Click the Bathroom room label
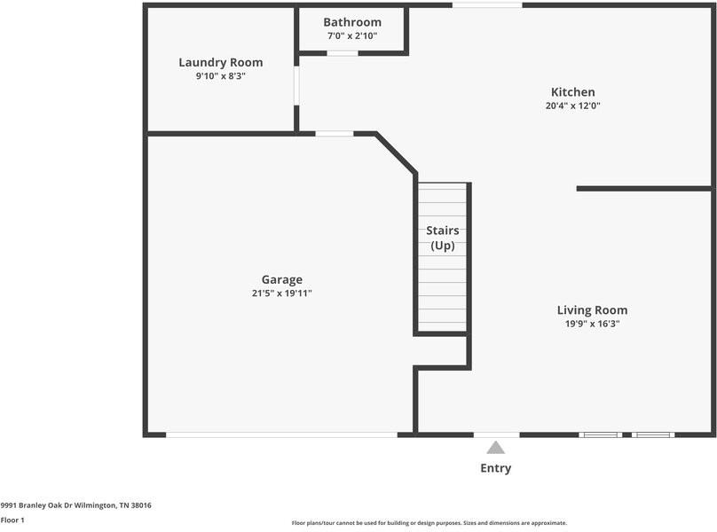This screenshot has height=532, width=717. (x=352, y=22)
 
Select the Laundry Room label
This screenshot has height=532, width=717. (x=221, y=62)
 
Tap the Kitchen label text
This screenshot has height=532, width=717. (x=572, y=92)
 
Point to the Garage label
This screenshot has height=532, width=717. (x=281, y=279)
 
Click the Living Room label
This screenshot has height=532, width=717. (x=592, y=310)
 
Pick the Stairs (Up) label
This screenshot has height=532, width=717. (x=443, y=239)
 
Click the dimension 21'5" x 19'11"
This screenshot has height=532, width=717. (x=281, y=293)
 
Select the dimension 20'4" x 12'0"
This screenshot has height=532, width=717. (x=572, y=106)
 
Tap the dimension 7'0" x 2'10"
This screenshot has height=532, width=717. (x=352, y=36)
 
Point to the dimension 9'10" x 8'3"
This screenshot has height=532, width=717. (x=221, y=76)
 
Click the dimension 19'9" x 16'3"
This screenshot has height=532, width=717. (x=592, y=325)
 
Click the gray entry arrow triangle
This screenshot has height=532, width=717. (x=496, y=448)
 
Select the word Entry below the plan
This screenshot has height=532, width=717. (x=496, y=468)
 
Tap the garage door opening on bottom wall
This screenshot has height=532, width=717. (x=281, y=434)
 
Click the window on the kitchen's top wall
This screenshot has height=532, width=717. (x=487, y=5)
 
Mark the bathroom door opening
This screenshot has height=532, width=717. (x=343, y=53)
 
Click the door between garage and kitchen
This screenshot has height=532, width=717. (x=335, y=134)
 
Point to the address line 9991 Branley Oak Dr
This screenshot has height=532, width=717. (x=75, y=505)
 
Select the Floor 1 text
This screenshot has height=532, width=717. (x=12, y=520)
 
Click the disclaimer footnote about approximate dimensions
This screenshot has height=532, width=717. (x=429, y=523)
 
